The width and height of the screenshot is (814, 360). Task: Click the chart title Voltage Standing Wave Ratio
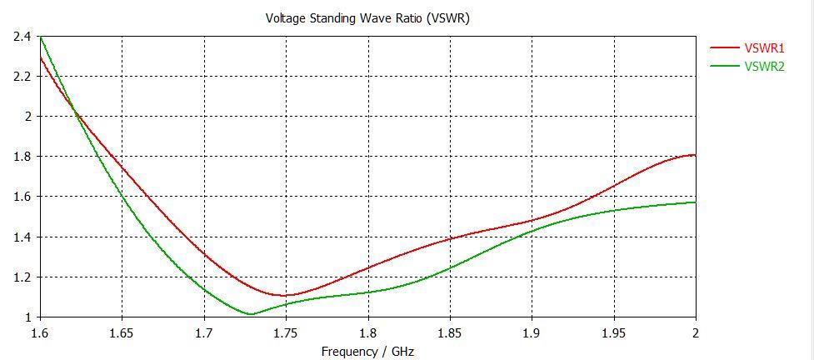coord(367,17)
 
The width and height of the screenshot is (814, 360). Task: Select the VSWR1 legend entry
coord(764,49)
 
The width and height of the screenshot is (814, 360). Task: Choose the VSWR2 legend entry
coord(764,66)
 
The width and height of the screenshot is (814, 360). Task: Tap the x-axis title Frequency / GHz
coord(367,351)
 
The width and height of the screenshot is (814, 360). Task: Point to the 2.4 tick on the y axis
coord(22,37)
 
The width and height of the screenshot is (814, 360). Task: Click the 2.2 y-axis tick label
coord(22,77)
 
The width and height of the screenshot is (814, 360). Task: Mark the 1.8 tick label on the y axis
coord(22,157)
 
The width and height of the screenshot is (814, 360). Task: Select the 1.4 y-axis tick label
coord(22,237)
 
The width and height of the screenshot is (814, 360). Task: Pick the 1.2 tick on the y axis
coord(22,277)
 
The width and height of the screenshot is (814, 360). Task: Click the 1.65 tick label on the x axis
coord(122,332)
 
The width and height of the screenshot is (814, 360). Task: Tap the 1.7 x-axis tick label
coord(204,332)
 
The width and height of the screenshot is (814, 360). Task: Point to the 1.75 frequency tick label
coord(286,332)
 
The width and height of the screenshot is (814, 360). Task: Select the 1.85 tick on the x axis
coord(450,332)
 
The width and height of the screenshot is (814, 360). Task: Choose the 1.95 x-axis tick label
coord(614,332)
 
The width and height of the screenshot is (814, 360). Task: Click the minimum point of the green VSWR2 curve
coord(251,314)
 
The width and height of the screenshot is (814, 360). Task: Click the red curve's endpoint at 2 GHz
coord(695,155)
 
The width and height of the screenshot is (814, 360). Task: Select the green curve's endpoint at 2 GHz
coord(695,202)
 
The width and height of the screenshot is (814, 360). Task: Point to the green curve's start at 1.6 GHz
coord(40,37)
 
